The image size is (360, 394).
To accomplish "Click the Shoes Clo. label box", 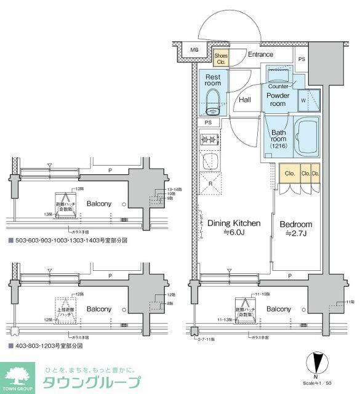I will point(220,58).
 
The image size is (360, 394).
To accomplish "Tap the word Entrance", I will point(260,54).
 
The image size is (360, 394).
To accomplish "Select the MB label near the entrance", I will point(194,50).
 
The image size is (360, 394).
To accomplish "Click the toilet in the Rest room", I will point(213,102).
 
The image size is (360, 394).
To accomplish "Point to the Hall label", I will point(245,99).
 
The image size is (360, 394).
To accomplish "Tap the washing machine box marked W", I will point(304,100).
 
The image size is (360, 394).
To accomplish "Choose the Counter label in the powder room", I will point(278,86).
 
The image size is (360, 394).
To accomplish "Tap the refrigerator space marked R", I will point(210,183).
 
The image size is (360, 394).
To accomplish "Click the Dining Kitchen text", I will point(233,223).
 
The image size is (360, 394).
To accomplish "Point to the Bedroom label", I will point(296,224).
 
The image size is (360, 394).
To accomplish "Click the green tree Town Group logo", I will point(18,375).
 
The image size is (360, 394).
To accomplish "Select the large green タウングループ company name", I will point(91,383).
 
